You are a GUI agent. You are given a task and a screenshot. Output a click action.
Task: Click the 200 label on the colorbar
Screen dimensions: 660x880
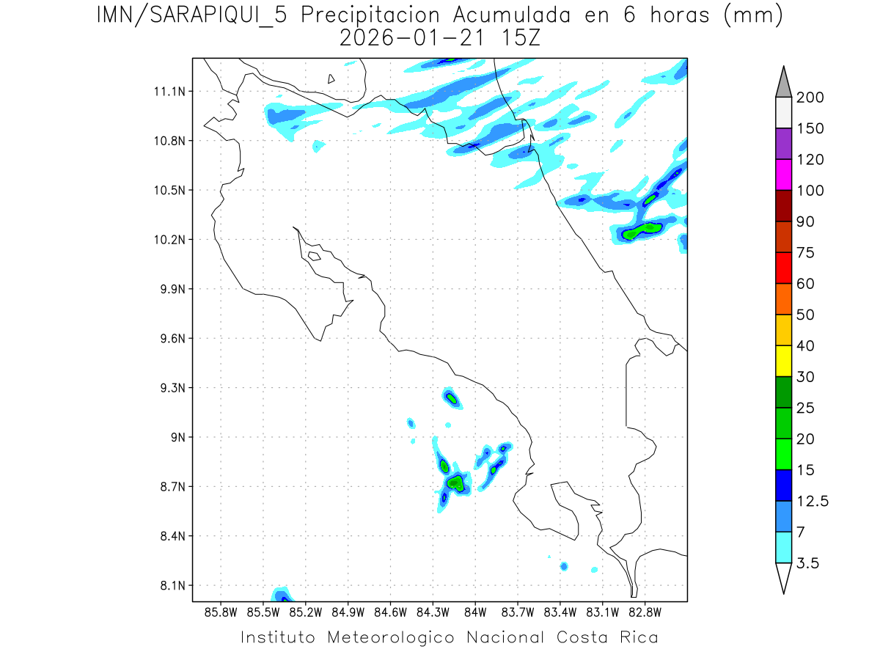[x=810, y=98]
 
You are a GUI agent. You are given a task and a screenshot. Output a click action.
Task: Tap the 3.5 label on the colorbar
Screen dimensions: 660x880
[x=807, y=563]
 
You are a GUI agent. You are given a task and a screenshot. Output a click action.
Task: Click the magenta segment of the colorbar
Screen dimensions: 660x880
[x=783, y=175]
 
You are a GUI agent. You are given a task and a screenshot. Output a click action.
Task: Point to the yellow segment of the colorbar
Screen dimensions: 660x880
[x=783, y=361]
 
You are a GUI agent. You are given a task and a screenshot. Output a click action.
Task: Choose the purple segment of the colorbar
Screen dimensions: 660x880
[x=783, y=144]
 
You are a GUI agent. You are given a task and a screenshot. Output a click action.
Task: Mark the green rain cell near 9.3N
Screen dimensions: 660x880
[x=451, y=398]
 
